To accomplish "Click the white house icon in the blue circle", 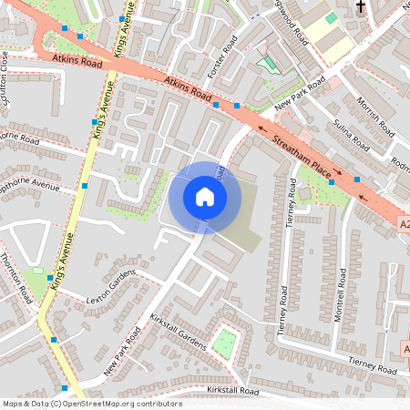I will point(205,197).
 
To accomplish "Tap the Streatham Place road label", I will point(299,149).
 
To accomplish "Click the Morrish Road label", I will point(373,113).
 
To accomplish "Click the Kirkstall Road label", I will point(233,391).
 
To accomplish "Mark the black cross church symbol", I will point(360,7).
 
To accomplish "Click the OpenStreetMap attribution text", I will point(92,403).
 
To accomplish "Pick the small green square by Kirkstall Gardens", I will point(224,343).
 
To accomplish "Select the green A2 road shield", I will point(403,222).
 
